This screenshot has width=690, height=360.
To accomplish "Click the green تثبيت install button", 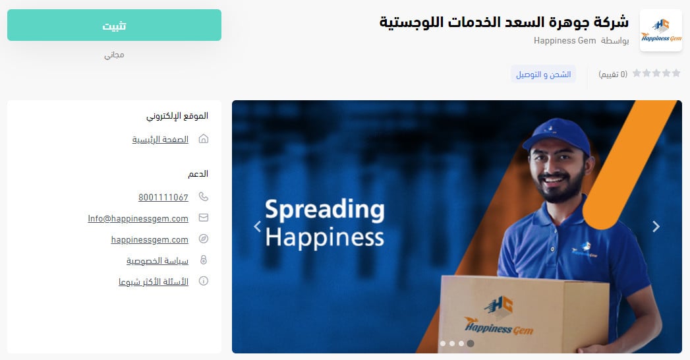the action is click(x=114, y=25).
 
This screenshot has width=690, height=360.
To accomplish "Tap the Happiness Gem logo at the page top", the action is click(x=660, y=30).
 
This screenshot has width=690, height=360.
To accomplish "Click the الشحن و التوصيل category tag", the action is click(x=543, y=75).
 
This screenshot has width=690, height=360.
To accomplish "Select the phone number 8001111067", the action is click(x=163, y=197).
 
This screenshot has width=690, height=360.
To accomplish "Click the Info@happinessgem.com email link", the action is click(x=138, y=218).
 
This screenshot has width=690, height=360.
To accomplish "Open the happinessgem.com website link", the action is click(x=150, y=239).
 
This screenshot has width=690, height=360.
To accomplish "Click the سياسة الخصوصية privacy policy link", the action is click(x=158, y=260).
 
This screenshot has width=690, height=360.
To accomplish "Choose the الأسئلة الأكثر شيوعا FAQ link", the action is click(x=153, y=282).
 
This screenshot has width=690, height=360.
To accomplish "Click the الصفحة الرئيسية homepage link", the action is click(x=160, y=140).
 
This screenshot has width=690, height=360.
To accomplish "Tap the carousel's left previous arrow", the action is click(x=258, y=226).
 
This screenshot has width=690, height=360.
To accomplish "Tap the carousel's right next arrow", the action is click(x=656, y=226).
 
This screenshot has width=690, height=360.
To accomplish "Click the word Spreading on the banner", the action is click(x=325, y=210).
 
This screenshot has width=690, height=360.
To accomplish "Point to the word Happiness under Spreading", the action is click(x=325, y=237).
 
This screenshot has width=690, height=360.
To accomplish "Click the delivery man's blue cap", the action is click(x=557, y=135).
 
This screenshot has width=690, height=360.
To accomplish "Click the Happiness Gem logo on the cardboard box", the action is click(x=499, y=316).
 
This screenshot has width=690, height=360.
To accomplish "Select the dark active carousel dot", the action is click(x=471, y=344).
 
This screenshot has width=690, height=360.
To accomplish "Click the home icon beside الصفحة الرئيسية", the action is click(x=203, y=139).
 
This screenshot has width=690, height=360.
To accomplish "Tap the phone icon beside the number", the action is click(x=203, y=196).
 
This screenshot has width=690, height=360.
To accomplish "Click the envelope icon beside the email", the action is click(x=203, y=218).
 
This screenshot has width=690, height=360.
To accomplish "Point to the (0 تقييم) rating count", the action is click(x=612, y=75).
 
